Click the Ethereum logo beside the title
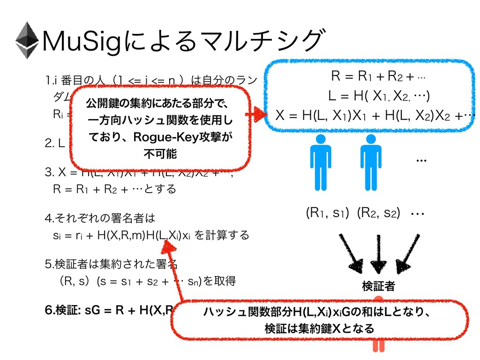[x=27, y=40]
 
